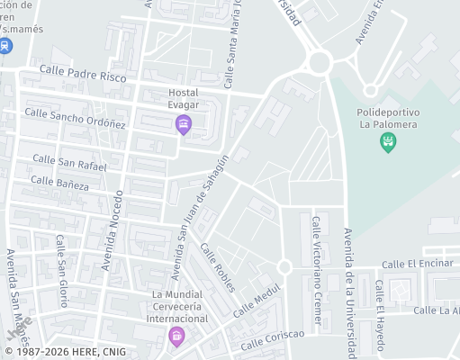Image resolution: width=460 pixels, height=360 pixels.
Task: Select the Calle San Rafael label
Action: point(69,162)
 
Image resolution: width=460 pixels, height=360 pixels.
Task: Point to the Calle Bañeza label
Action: point(59,184)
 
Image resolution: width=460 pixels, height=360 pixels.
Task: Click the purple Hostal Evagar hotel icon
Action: point(184,124)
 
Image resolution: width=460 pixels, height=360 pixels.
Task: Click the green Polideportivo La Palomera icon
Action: point(388,140)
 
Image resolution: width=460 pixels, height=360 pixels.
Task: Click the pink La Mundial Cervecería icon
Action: point(176,337)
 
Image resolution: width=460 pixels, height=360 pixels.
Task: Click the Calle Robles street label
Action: point(218,267)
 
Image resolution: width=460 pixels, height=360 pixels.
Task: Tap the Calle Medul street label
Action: point(257,299)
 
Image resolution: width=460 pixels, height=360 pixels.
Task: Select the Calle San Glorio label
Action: point(62,257)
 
